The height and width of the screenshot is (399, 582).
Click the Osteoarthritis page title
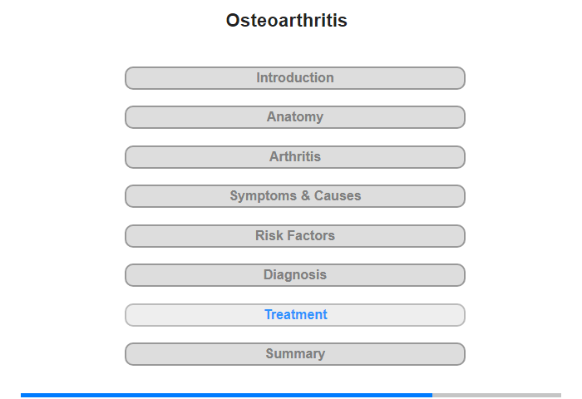coord(287,20)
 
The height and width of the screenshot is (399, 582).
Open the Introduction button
coord(295,78)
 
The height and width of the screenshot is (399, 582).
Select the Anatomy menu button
coord(295,117)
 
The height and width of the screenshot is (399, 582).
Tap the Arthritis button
coord(295,157)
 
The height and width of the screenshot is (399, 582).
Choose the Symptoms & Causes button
coord(295,196)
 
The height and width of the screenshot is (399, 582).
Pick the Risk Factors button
coord(295,236)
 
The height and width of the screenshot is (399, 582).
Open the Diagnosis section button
coord(295,275)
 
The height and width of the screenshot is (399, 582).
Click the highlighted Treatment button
coord(295,315)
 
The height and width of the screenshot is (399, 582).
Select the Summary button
coord(295,354)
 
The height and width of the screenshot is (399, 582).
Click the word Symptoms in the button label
coord(264,196)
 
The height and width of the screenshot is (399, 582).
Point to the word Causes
coord(338,195)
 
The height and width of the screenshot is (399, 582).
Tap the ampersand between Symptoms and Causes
coord(305,195)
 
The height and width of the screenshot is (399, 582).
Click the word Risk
coord(269,235)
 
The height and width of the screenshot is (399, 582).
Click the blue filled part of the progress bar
coord(226,396)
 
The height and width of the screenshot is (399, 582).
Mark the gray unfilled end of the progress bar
coord(496,396)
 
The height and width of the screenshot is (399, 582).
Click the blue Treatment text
coord(296,314)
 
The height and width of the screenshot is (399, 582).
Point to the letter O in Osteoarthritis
coord(234,21)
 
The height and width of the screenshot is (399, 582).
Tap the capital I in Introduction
coord(258,77)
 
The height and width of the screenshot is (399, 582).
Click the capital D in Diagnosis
coord(268,274)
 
